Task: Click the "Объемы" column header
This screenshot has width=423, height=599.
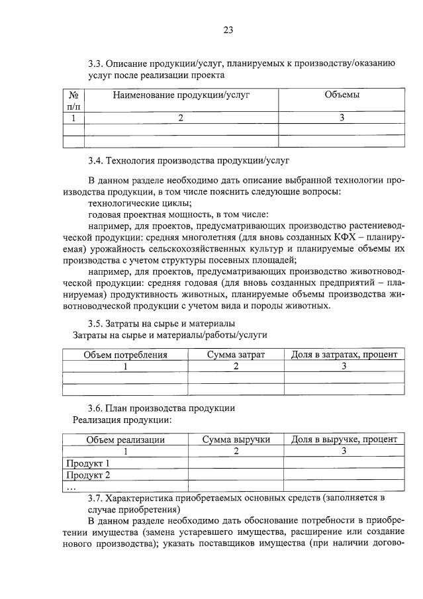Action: pos(342,95)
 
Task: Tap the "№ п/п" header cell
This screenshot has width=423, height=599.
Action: pos(73,101)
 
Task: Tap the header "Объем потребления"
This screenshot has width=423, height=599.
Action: pos(125,355)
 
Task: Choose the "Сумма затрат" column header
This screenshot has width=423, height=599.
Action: pos(236,355)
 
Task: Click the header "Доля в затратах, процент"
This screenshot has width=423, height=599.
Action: pos(344,355)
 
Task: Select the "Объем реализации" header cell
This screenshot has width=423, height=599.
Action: pos(125,439)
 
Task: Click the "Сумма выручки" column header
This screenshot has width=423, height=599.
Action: pos(236,439)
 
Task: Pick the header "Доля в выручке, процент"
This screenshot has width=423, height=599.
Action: pos(344,439)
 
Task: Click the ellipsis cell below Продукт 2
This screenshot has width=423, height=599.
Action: pos(71,486)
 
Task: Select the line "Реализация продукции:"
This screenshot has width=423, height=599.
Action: pos(122,420)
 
